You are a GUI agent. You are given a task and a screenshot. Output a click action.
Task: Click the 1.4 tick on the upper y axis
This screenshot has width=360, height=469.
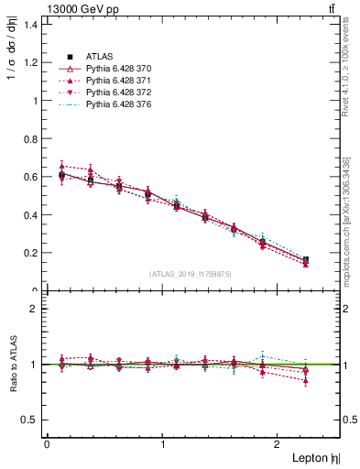31,24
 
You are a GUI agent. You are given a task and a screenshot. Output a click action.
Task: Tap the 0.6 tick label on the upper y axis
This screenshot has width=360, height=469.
31,177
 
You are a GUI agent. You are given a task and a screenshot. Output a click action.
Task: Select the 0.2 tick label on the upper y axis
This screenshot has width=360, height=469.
31,253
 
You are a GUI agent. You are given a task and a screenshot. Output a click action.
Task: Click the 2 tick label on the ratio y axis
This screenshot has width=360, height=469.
34,309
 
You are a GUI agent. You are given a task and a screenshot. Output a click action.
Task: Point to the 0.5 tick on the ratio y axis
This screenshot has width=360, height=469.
31,420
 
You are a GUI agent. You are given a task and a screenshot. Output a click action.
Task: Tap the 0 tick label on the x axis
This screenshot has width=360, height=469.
47,444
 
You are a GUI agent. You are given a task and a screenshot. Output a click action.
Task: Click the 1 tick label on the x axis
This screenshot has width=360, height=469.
163,444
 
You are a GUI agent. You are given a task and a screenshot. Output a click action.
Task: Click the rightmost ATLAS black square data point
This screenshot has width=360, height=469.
305,260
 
